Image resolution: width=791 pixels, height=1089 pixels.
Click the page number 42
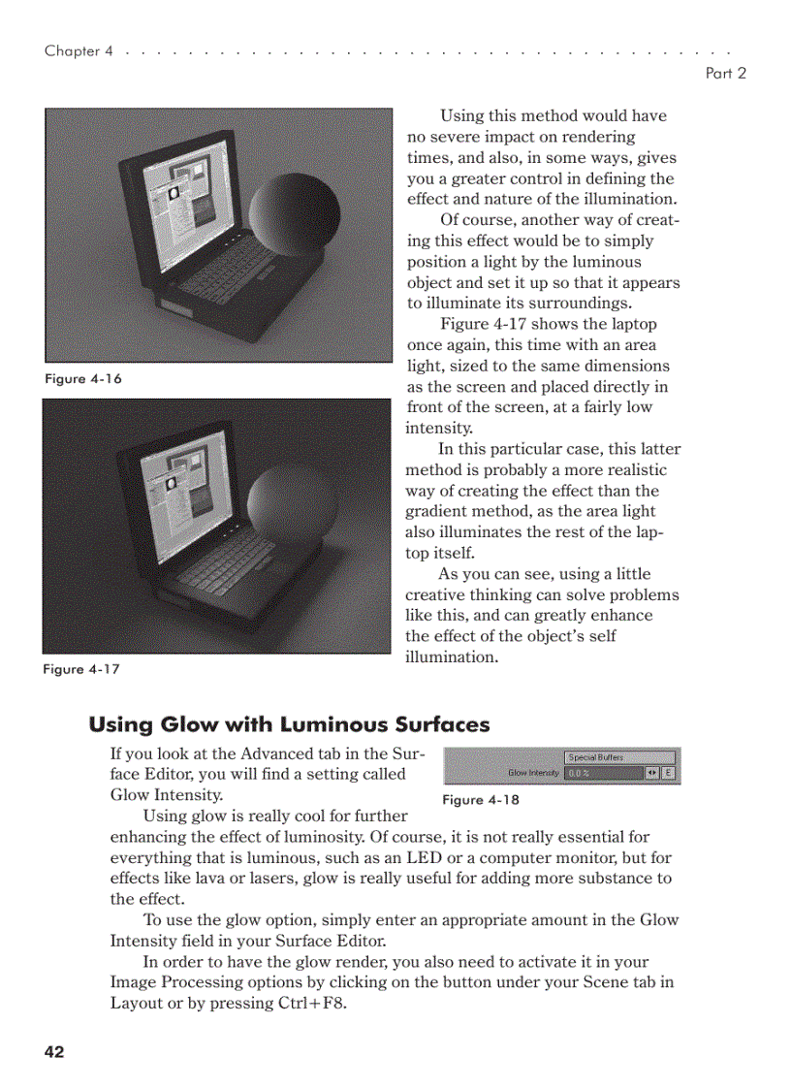(x=54, y=1052)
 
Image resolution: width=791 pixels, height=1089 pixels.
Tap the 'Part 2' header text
(x=726, y=73)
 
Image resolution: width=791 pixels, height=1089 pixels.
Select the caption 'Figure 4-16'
(x=83, y=378)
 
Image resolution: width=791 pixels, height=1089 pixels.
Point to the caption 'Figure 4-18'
(x=480, y=800)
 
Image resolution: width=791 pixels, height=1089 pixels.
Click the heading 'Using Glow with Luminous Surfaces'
(x=289, y=724)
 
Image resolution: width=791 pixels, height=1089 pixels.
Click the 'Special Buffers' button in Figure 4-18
(x=619, y=757)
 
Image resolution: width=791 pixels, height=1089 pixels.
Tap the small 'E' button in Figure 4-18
(x=668, y=773)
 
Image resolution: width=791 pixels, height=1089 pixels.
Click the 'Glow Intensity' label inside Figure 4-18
(x=533, y=773)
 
